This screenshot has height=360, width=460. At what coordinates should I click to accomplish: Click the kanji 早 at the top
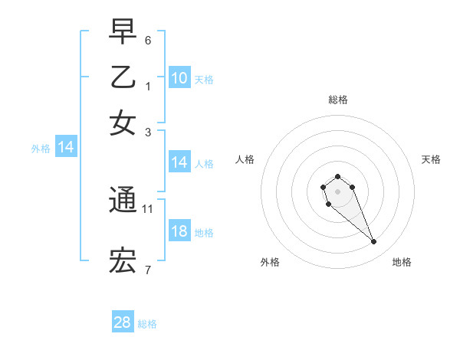(x=123, y=32)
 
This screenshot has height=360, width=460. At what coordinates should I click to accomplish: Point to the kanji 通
(x=123, y=200)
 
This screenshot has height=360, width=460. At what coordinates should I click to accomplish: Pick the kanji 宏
(x=123, y=262)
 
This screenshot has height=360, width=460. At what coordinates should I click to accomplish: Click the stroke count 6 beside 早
(x=148, y=40)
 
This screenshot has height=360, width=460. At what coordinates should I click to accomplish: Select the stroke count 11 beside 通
(x=148, y=208)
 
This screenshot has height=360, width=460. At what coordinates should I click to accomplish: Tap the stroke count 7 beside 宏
(x=148, y=270)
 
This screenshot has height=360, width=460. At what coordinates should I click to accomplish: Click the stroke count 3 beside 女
(x=148, y=131)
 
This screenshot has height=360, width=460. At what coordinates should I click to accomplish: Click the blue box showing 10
(x=179, y=77)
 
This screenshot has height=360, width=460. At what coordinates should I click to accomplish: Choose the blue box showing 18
(x=179, y=231)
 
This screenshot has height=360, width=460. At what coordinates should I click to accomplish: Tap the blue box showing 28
(x=123, y=322)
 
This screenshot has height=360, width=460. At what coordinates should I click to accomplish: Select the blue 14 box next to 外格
(x=66, y=147)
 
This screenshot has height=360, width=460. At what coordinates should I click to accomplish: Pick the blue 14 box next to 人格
(x=179, y=162)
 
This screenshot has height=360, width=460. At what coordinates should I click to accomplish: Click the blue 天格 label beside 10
(x=203, y=79)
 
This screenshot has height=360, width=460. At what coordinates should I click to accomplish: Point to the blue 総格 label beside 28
(x=147, y=324)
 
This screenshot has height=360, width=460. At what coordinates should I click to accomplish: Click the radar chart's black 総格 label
(x=337, y=100)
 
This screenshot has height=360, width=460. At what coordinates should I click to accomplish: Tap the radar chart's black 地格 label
(x=402, y=262)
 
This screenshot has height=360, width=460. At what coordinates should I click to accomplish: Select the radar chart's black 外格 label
(x=270, y=262)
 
